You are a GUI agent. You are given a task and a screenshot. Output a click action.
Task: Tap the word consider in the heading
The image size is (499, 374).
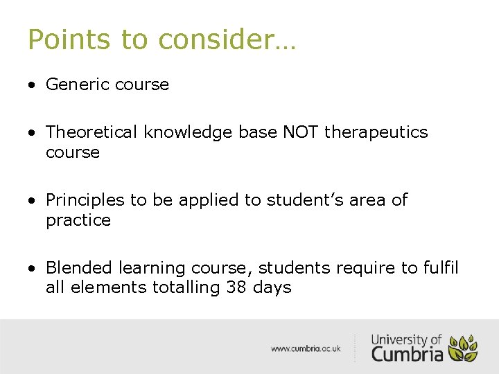click(220, 39)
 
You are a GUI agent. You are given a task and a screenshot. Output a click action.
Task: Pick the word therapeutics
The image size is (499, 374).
click(376, 132)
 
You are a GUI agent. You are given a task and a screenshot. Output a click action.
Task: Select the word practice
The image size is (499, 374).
click(78, 220)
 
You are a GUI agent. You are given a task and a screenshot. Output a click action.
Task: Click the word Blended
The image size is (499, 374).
click(80, 267)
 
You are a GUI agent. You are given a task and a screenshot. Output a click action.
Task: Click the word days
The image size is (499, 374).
click(272, 287)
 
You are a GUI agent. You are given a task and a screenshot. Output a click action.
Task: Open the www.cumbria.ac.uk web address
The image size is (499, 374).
click(306, 348)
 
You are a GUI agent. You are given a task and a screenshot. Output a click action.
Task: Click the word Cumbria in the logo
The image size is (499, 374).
click(407, 353)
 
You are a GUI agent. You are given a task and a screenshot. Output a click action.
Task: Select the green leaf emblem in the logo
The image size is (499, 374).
click(462, 348)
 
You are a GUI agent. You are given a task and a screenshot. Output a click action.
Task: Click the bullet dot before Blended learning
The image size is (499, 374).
click(32, 268)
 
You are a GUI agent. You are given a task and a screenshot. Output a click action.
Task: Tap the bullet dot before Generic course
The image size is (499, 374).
click(32, 85)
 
